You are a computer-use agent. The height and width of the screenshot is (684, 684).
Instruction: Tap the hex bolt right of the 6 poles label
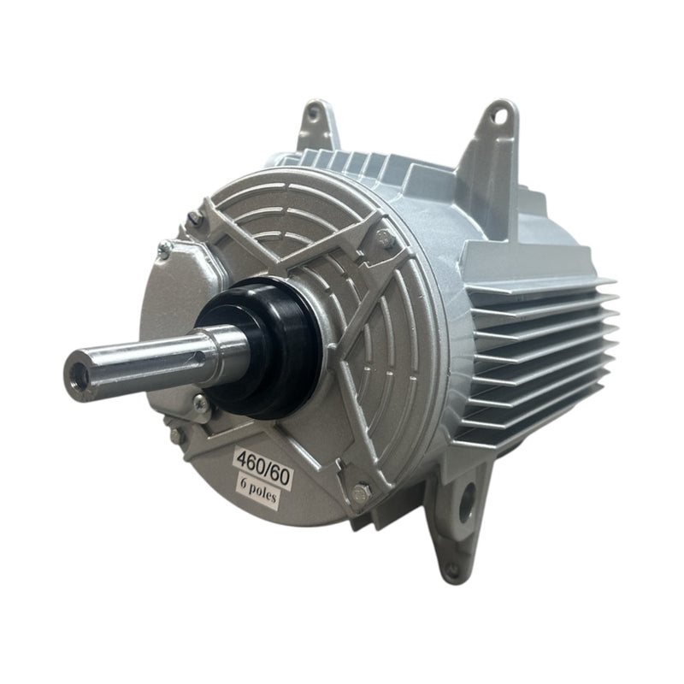tap(360, 491)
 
